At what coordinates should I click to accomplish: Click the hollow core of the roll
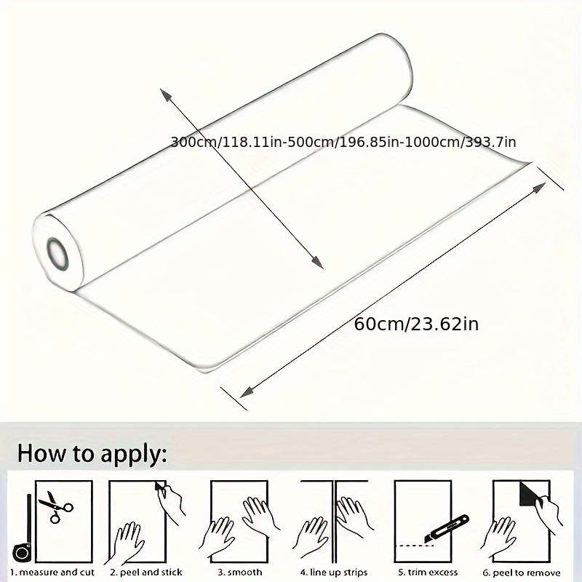coord(57,254)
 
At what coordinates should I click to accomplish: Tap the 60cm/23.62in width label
coord(416,324)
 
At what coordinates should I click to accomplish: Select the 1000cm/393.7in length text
coord(460,142)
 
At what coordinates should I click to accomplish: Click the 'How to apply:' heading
coord(92,454)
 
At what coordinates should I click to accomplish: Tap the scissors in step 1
coord(56,506)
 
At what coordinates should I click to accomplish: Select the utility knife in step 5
coord(447,529)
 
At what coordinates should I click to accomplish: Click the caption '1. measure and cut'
coord(52,573)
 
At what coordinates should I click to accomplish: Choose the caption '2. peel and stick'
coord(146,573)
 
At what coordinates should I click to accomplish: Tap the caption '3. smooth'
coord(240,573)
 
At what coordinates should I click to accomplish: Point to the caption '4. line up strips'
coord(334,573)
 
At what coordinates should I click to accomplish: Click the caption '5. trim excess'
coord(428,573)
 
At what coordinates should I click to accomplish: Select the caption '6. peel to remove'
coord(521,573)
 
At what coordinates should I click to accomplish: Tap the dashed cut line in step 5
coord(415,546)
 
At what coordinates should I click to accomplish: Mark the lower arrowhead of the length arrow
coord(318,263)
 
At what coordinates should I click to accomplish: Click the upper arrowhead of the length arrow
coord(166,95)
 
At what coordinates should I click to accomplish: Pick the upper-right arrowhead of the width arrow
coord(539,188)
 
